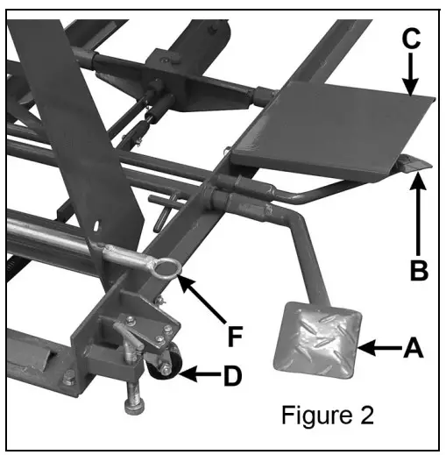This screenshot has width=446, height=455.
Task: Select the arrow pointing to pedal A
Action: coord(379,349)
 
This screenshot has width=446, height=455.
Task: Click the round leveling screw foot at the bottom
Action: coord(137,406)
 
